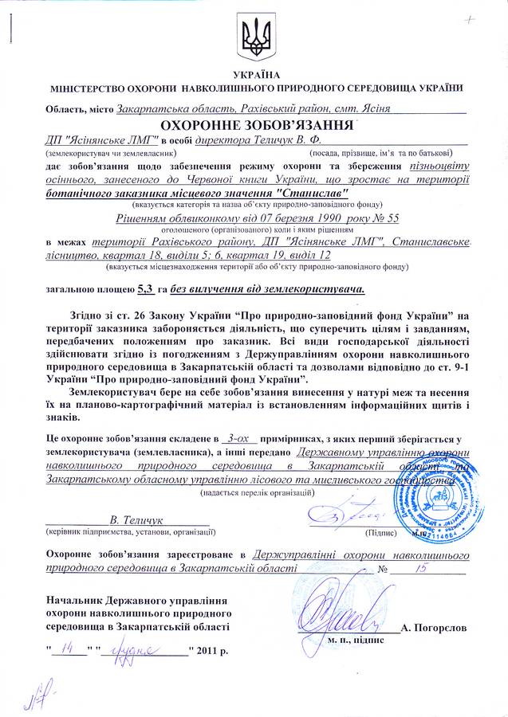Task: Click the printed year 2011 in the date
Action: click(x=206, y=651)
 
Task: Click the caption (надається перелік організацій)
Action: click(x=257, y=492)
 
